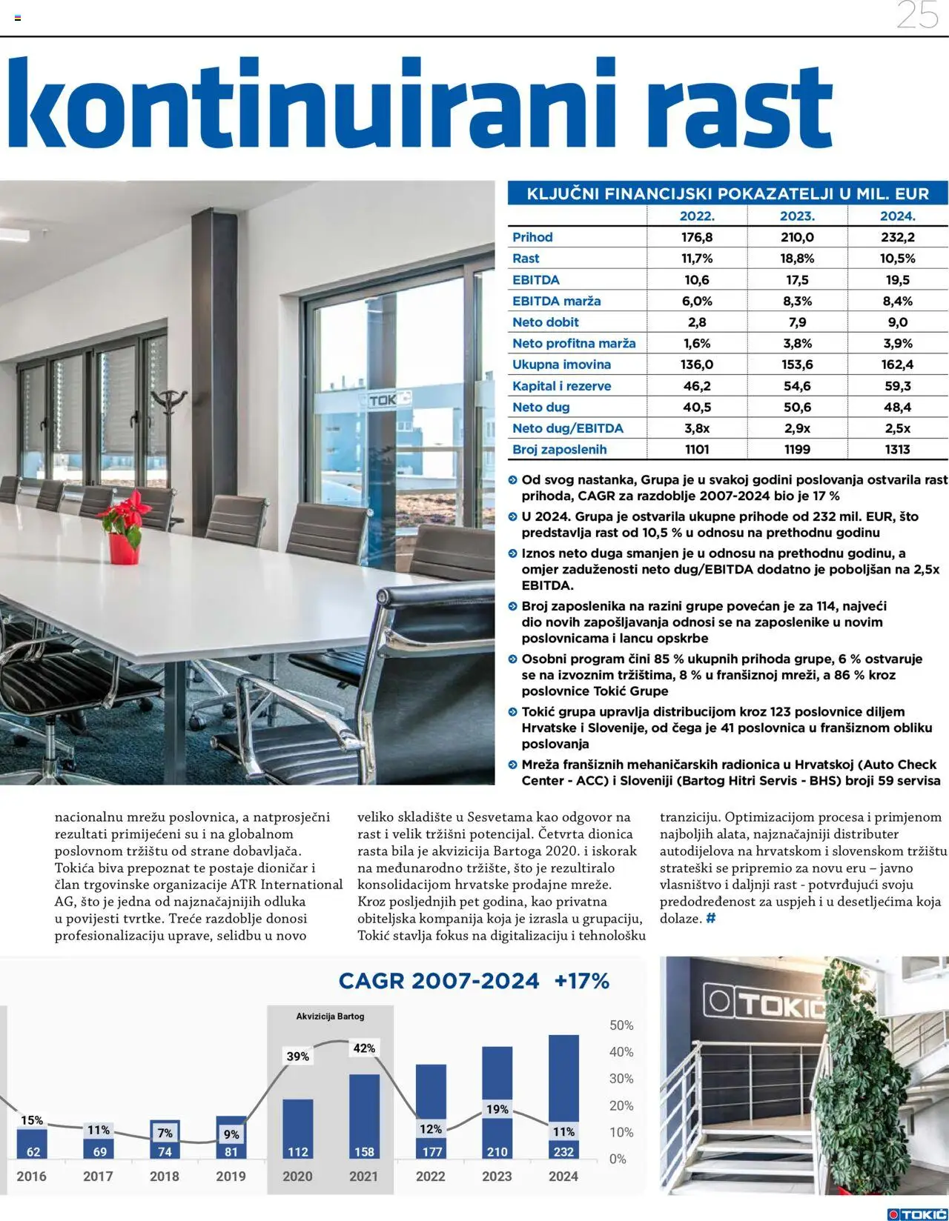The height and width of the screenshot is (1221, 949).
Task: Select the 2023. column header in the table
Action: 797,216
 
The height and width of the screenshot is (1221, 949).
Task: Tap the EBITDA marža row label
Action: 556,301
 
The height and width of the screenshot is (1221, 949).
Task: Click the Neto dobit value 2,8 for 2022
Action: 697,322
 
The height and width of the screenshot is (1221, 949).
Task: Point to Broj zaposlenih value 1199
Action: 797,449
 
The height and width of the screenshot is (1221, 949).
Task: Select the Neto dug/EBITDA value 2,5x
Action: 897,428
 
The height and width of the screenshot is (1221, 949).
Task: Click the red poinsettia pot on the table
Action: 124,546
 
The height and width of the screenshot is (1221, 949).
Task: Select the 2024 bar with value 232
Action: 563,1097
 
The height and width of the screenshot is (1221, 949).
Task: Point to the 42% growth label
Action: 364,1048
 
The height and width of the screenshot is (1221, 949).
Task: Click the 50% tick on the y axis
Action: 621,1025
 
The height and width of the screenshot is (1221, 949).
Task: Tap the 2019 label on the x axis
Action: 231,1176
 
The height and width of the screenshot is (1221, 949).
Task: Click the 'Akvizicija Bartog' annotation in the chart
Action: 330,1017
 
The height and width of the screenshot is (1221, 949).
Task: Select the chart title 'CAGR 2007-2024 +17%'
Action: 474,981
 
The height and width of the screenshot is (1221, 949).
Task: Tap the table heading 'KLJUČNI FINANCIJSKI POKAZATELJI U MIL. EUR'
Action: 727,194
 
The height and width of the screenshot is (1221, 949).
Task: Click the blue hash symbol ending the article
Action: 711,919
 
